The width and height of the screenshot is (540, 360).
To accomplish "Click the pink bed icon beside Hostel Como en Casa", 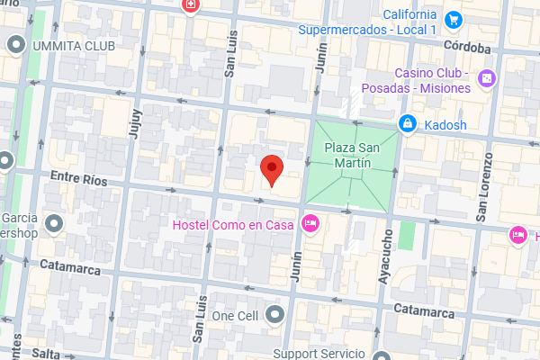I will click(x=311, y=223).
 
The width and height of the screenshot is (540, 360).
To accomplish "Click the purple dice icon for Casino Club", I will click(x=486, y=80).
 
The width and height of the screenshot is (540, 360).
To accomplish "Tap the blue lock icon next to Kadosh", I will click(x=408, y=123).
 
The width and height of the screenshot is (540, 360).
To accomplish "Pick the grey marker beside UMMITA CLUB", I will click(x=16, y=44).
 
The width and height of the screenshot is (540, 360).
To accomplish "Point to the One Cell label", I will click(x=235, y=316).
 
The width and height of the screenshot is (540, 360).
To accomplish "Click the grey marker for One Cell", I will click(x=274, y=315).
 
